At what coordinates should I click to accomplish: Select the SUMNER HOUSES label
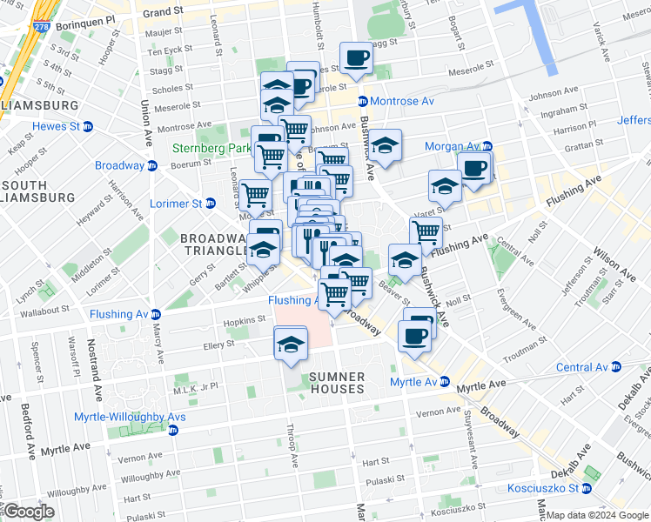point(335,383)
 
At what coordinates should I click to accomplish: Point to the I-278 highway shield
point(41,27)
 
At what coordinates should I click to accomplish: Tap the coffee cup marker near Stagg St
point(354,59)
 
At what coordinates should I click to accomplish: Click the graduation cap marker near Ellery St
point(291,345)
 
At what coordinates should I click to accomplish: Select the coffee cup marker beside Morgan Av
point(473,169)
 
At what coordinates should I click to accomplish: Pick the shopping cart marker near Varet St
point(426,231)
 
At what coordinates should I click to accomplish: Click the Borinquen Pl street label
point(82,18)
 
